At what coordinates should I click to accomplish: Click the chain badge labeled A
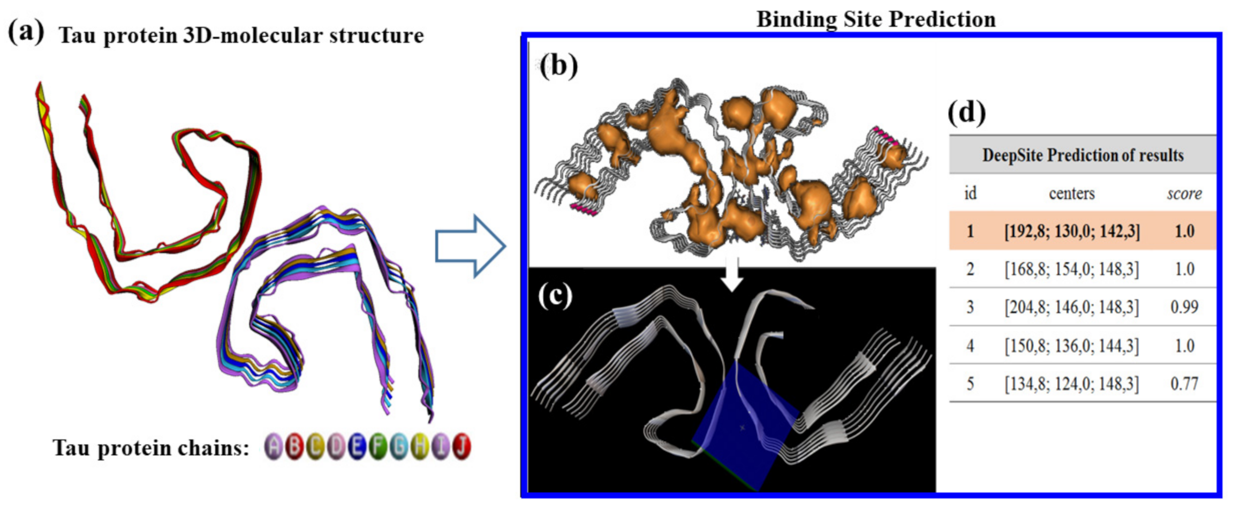[274, 447]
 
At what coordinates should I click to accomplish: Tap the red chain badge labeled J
[462, 447]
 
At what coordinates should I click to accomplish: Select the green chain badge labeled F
[378, 447]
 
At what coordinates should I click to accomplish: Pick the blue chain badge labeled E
[357, 447]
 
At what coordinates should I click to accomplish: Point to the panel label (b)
[558, 67]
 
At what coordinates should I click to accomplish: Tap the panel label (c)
[555, 296]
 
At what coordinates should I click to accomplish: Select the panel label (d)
[966, 113]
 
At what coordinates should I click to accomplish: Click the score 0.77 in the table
[1184, 384]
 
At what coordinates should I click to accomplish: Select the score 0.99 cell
[1184, 307]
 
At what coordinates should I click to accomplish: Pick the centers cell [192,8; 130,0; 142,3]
[1072, 231]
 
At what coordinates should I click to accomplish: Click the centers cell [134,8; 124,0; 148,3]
[1072, 384]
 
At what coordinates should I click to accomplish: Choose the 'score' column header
[1184, 193]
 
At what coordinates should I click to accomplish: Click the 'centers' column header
[1071, 193]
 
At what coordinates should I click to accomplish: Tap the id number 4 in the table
[970, 346]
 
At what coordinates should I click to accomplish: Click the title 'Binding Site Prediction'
[876, 19]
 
